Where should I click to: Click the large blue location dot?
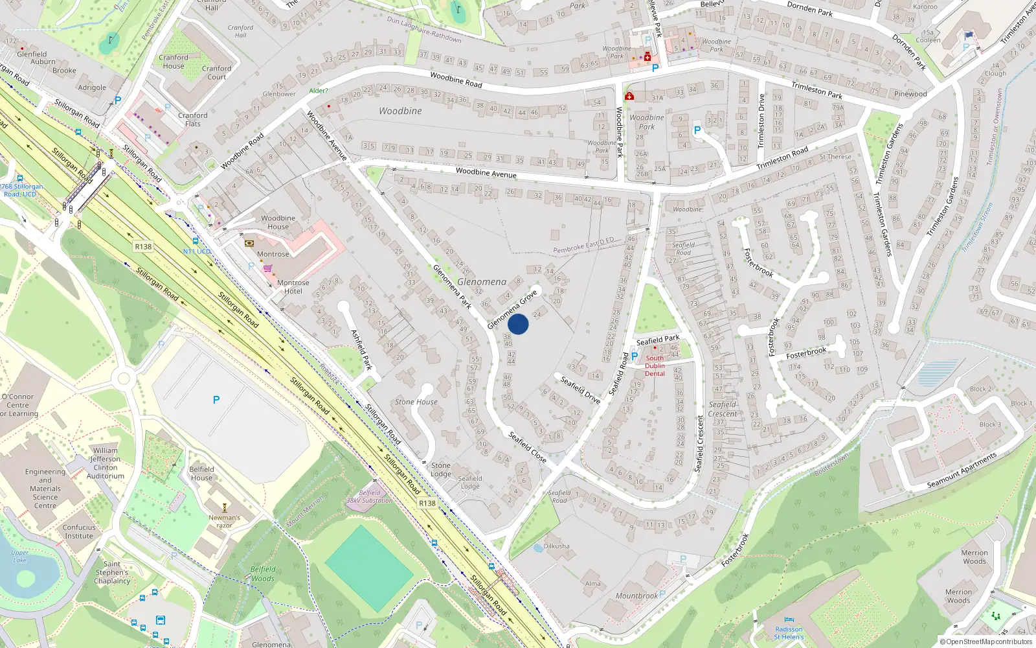(x=518, y=324)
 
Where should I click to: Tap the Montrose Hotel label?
(x=293, y=287)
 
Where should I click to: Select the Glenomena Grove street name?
(x=512, y=309)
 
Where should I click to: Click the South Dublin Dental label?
(x=655, y=366)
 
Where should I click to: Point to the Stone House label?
(x=416, y=402)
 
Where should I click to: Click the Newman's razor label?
(x=224, y=521)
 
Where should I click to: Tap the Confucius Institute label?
(x=79, y=531)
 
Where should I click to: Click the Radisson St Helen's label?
(x=789, y=633)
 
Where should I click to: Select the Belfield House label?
(x=201, y=474)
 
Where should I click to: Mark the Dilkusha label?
(x=556, y=546)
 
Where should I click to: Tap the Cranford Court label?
(x=216, y=73)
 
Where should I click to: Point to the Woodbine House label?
(x=278, y=222)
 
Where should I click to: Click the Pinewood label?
(x=910, y=94)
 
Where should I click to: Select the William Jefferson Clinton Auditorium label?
(x=106, y=463)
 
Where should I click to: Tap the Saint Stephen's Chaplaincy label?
(x=112, y=572)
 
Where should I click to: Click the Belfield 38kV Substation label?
(x=370, y=496)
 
